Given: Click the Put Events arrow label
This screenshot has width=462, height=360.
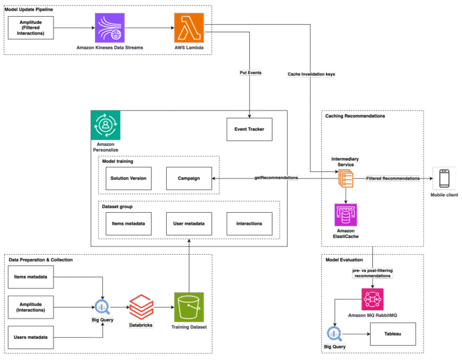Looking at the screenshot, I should [250, 73].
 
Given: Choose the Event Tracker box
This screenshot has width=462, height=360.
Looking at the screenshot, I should [249, 129].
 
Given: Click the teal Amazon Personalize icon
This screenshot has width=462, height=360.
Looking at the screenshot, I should [105, 126].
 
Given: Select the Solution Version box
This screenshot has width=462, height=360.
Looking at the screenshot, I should [129, 179].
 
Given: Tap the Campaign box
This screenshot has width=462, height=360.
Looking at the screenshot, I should [189, 179].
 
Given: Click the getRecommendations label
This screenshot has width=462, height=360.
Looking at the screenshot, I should [276, 178].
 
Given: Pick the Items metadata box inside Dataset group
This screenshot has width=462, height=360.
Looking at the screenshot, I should [129, 224].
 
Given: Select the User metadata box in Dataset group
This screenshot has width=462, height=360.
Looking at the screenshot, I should [189, 224].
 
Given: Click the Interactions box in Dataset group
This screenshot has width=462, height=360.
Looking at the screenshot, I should [249, 224].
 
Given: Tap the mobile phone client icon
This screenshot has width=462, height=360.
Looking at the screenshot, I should [444, 178].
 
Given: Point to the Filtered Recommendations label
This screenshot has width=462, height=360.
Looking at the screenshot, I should [393, 178].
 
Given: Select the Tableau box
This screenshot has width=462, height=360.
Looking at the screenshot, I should [393, 333].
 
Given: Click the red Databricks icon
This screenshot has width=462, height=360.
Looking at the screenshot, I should [141, 307].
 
